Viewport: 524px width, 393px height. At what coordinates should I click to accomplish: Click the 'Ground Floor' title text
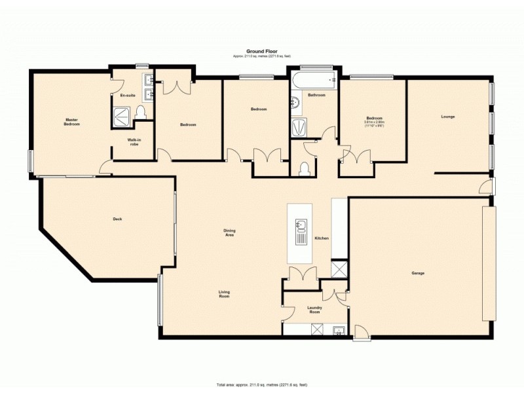(262, 51)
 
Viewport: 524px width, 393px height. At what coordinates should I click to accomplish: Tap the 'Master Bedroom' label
(71, 122)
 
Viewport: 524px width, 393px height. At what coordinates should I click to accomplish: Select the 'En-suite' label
(127, 96)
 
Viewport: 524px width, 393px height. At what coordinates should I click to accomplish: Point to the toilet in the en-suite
(141, 114)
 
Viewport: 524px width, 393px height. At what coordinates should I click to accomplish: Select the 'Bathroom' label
(317, 96)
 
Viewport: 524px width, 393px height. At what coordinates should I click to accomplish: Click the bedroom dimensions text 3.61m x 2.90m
(373, 122)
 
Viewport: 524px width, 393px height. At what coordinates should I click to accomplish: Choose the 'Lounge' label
(448, 117)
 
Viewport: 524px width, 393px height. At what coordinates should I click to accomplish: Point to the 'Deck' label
(118, 219)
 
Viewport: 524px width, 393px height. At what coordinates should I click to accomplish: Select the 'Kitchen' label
(321, 238)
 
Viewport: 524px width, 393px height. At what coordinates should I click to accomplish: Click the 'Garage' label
(418, 272)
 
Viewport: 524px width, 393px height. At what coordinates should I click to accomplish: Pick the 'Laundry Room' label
(314, 310)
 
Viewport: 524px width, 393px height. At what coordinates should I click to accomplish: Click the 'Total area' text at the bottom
(262, 384)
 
